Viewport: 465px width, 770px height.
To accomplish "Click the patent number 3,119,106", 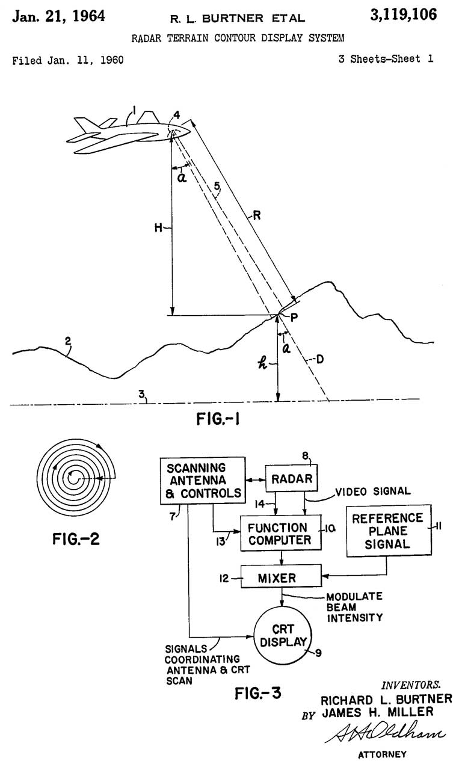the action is click(403, 15).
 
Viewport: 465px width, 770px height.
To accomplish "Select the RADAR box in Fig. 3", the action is click(291, 478).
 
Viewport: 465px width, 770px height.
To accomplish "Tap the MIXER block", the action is click(281, 578).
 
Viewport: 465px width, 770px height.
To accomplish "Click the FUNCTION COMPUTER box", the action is click(281, 533).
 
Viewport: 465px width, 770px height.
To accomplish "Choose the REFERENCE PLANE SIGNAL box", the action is click(389, 531).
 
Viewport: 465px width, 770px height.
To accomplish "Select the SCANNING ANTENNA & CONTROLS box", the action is click(203, 481).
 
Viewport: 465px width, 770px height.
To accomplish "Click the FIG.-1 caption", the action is click(218, 419).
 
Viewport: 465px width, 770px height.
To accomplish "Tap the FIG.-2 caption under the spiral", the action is click(76, 539).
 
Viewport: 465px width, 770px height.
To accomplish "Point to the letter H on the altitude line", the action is click(158, 227).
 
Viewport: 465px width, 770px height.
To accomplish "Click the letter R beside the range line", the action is click(257, 215).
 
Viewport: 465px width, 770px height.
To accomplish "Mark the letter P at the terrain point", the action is click(294, 317).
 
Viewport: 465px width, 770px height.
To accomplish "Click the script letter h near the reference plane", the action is click(262, 363).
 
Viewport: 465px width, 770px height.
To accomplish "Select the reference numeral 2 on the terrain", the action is click(68, 341).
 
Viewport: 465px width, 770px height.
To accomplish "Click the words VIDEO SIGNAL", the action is click(373, 491).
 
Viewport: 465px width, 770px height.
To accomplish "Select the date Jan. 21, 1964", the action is click(58, 16).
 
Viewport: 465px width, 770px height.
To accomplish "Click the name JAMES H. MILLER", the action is click(378, 712).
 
